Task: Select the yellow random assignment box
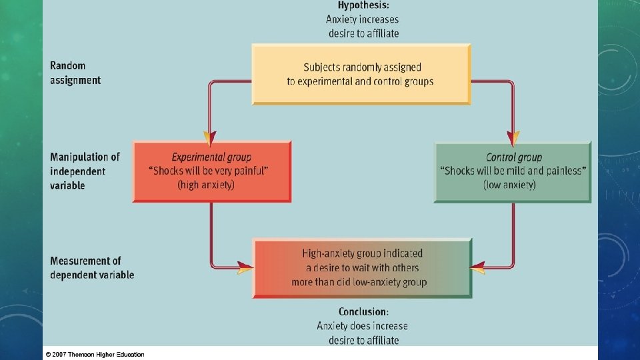[361, 74]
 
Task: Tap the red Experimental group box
[211, 171]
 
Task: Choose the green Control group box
[513, 171]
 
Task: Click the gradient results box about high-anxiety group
[362, 268]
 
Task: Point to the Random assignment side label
[75, 73]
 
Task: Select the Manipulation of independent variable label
[85, 171]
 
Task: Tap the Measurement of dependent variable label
[91, 268]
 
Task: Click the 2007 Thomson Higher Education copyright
[95, 354]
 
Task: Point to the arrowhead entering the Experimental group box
[210, 139]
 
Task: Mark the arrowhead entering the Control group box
[513, 139]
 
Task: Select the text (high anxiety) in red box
[206, 185]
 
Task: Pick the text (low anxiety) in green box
[509, 185]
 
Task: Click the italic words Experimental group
[211, 157]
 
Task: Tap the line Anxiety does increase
[362, 326]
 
